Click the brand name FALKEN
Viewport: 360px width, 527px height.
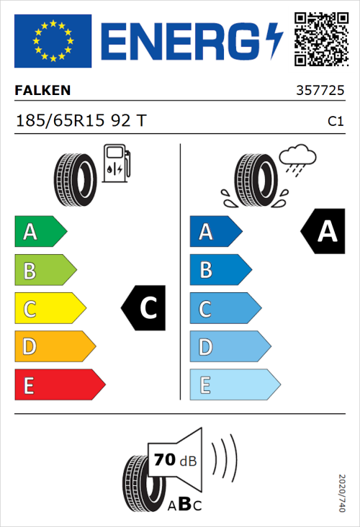tap(42, 91)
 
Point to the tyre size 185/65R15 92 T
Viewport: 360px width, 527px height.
tap(81, 120)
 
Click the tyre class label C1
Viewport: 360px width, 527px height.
tap(335, 121)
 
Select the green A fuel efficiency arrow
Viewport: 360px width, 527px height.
tap(40, 232)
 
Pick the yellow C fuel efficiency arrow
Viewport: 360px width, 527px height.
tap(49, 308)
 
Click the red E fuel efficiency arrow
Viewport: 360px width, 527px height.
tap(59, 384)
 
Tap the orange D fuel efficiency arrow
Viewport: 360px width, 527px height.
tap(54, 346)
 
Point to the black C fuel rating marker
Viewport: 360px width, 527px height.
tap(145, 308)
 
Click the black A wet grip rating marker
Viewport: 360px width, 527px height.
tap(323, 232)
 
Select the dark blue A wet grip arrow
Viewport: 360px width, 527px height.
tap(215, 232)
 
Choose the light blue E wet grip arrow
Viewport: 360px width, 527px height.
tap(234, 384)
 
